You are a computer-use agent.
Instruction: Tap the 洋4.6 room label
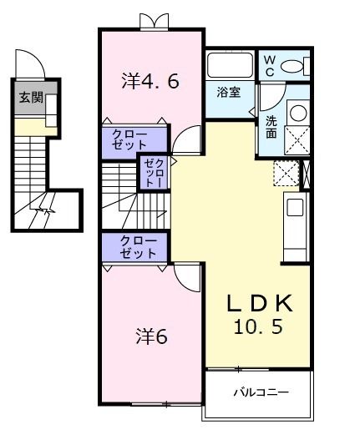pyautogui.click(x=150, y=81)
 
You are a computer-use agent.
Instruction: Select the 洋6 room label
pyautogui.click(x=152, y=336)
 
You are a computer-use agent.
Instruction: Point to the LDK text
pyautogui.click(x=260, y=302)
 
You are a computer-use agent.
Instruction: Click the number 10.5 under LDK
pyautogui.click(x=259, y=326)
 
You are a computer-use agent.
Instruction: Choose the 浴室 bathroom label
pyautogui.click(x=229, y=90)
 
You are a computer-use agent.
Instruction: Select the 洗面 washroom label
pyautogui.click(x=272, y=127)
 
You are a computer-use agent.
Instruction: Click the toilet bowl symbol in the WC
pyautogui.click(x=293, y=66)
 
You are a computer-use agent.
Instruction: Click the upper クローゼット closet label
pyautogui.click(x=134, y=139)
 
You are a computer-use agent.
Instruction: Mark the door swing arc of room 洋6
pyautogui.click(x=187, y=277)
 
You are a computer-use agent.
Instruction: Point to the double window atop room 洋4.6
pyautogui.click(x=151, y=22)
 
